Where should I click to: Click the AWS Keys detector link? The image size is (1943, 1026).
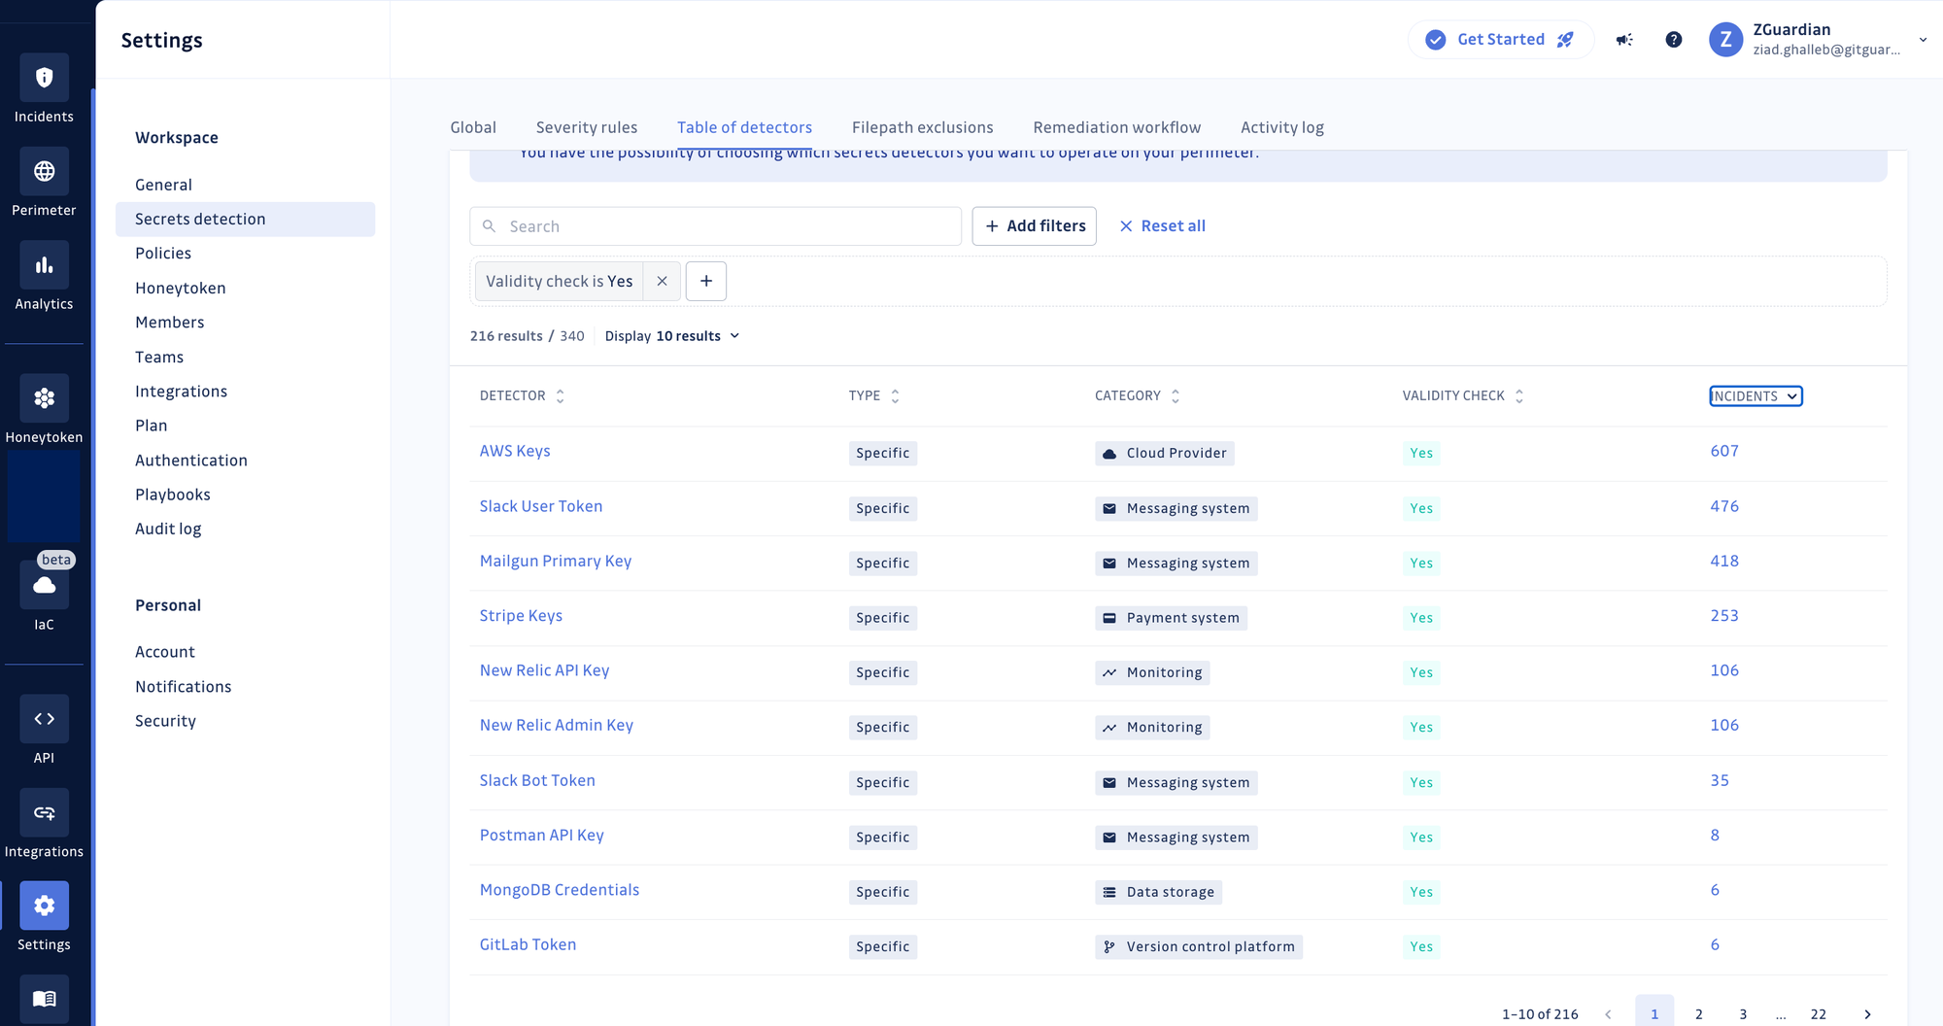[x=515, y=451]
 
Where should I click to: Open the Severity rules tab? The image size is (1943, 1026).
[x=587, y=127]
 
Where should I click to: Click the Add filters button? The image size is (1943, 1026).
[x=1035, y=226]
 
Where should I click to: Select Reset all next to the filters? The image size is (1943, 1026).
[x=1163, y=226]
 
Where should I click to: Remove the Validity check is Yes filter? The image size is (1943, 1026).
[x=662, y=281]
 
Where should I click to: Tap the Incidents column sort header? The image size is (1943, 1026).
[x=1755, y=395]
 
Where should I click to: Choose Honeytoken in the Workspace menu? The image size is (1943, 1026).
[x=181, y=288]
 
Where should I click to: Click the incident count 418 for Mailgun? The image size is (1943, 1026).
[x=1724, y=561]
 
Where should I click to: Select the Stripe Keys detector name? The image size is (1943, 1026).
[x=521, y=616]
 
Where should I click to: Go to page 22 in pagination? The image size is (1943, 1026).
[x=1819, y=1013]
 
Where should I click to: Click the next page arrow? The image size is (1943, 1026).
[x=1867, y=1013]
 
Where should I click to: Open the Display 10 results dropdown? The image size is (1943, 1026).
[x=672, y=336]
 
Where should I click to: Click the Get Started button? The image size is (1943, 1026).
[x=1500, y=40]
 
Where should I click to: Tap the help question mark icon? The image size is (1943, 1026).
[x=1673, y=40]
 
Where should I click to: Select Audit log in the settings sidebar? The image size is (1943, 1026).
[x=168, y=529]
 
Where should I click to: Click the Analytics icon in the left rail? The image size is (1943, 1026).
[x=44, y=265]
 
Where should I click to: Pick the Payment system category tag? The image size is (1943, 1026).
[x=1172, y=618]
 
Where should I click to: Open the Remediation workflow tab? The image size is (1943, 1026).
[x=1117, y=127]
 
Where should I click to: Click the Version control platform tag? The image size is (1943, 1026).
[x=1199, y=946]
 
